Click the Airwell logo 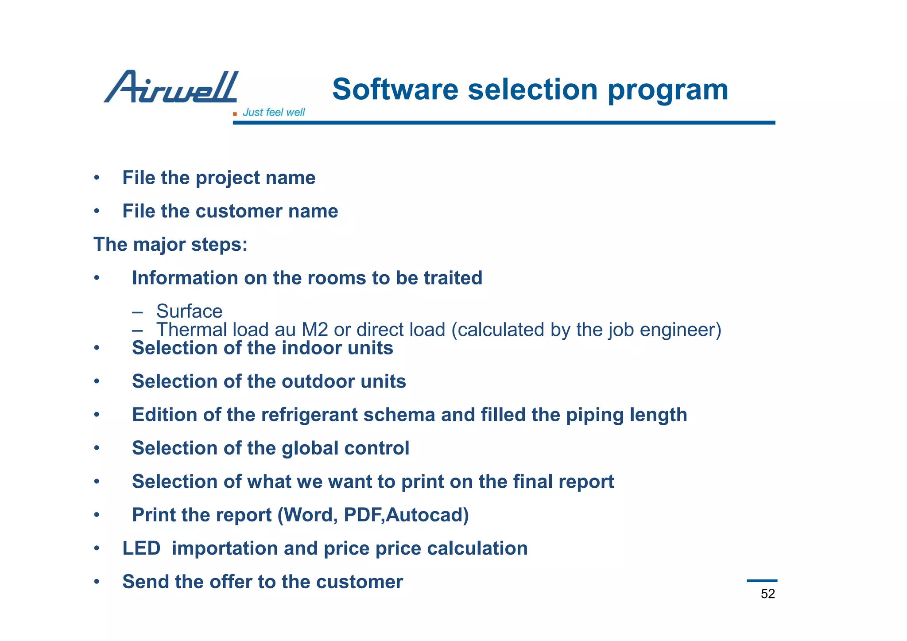pos(171,87)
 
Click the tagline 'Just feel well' pos(274,113)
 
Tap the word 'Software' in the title pos(395,89)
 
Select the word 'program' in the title pos(667,90)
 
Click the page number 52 pos(767,594)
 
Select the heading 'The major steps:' pos(171,245)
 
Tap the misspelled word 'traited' pos(453,278)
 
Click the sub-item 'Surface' pos(189,311)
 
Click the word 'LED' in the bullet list pos(141,548)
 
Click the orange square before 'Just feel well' pos(235,114)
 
